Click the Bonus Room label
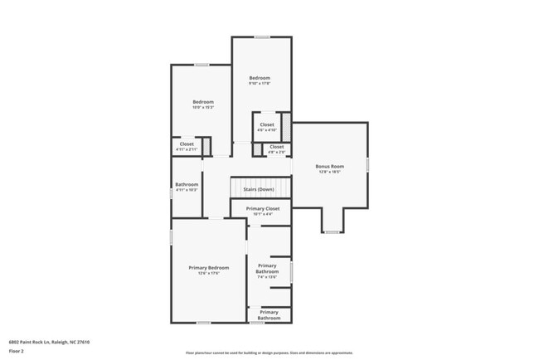(x=329, y=166)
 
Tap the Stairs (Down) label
(x=259, y=189)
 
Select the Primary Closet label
(x=262, y=208)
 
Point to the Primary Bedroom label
(x=208, y=267)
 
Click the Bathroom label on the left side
(x=187, y=184)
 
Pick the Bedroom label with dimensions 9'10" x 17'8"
(x=260, y=78)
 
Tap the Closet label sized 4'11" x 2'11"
(x=187, y=144)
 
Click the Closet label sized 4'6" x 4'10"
(x=266, y=124)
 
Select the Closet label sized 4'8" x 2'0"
(x=276, y=147)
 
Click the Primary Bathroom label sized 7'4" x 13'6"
(x=267, y=269)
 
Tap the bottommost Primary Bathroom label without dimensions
(x=269, y=314)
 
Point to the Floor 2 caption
(x=17, y=351)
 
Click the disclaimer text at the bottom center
(x=269, y=352)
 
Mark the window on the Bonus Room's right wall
(x=367, y=164)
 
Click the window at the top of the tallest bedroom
(x=262, y=37)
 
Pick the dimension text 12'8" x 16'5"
(x=329, y=172)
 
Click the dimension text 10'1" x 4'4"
(x=262, y=214)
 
